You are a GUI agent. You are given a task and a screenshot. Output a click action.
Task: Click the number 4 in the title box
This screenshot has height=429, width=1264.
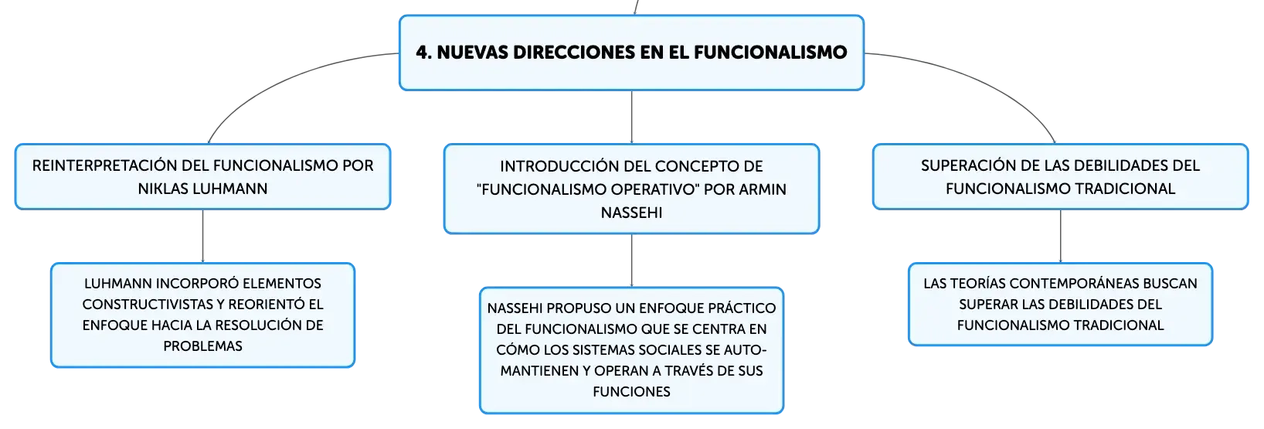423,53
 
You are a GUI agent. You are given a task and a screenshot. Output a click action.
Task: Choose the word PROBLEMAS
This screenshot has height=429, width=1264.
202,346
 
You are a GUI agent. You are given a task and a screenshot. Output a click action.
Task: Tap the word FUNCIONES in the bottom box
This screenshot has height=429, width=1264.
631,392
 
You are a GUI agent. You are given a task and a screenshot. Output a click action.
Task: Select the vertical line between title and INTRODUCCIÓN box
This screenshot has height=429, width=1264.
631,117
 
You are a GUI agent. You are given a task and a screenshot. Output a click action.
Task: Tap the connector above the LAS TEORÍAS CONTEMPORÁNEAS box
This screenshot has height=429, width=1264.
1060,236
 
